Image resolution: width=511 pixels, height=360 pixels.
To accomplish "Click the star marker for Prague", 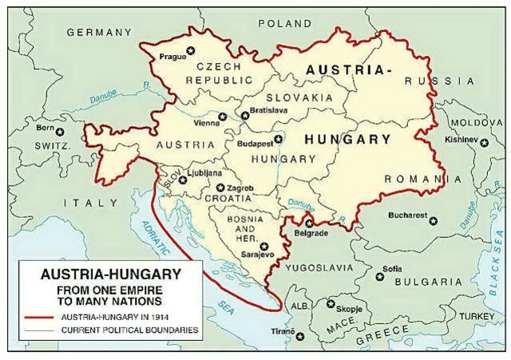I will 191,53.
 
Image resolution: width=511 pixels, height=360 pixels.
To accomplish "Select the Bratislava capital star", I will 245,116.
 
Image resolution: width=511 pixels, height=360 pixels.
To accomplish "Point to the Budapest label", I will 254,144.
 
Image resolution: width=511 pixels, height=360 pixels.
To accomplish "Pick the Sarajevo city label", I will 256,255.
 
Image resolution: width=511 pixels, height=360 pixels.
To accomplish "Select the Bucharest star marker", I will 434,221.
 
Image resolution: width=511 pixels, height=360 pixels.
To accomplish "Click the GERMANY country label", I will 99,33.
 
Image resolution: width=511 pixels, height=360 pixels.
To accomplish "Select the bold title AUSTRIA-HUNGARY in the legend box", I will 100,274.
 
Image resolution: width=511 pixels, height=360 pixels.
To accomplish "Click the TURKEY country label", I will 477,317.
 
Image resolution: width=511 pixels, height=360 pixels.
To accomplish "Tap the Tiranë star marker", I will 300,337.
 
